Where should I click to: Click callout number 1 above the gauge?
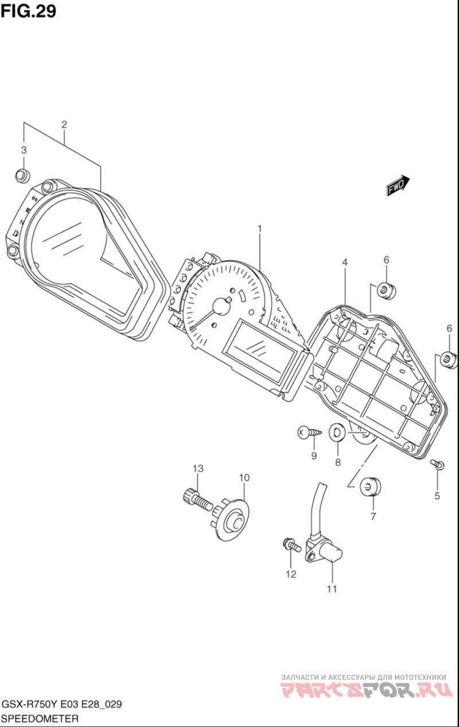tap(259, 229)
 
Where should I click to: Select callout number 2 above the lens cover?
tap(64, 124)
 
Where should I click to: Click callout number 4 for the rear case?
tap(345, 262)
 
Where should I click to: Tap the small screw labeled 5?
tap(438, 463)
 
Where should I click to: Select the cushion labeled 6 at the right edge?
tap(448, 360)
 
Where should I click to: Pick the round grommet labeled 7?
tap(371, 486)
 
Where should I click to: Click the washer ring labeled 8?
tap(337, 432)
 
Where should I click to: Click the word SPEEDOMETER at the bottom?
tap(41, 718)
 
